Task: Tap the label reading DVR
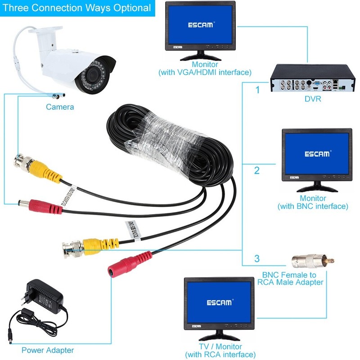coord(312,99)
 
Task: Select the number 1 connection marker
coord(257,90)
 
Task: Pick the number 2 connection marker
coord(257,171)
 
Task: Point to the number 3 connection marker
coord(257,259)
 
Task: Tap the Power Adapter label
coord(48,350)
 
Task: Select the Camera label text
coord(60,107)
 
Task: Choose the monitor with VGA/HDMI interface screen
coord(201,25)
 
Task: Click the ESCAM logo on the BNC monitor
coord(317,154)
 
